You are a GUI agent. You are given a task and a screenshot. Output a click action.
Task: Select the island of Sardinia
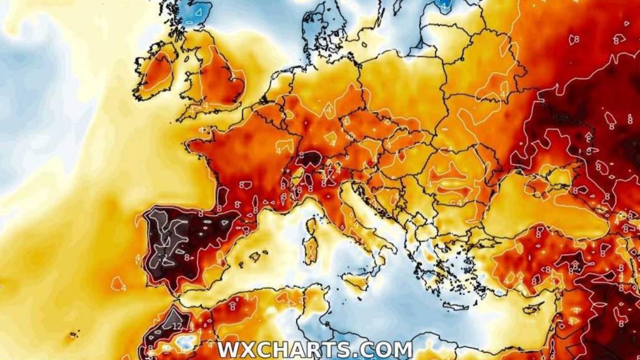(310, 250)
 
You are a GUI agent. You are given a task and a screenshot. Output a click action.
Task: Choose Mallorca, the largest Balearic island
(255, 256)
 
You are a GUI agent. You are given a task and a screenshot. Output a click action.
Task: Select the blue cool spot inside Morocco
(186, 342)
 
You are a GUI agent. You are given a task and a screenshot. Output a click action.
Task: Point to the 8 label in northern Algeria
(232, 307)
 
